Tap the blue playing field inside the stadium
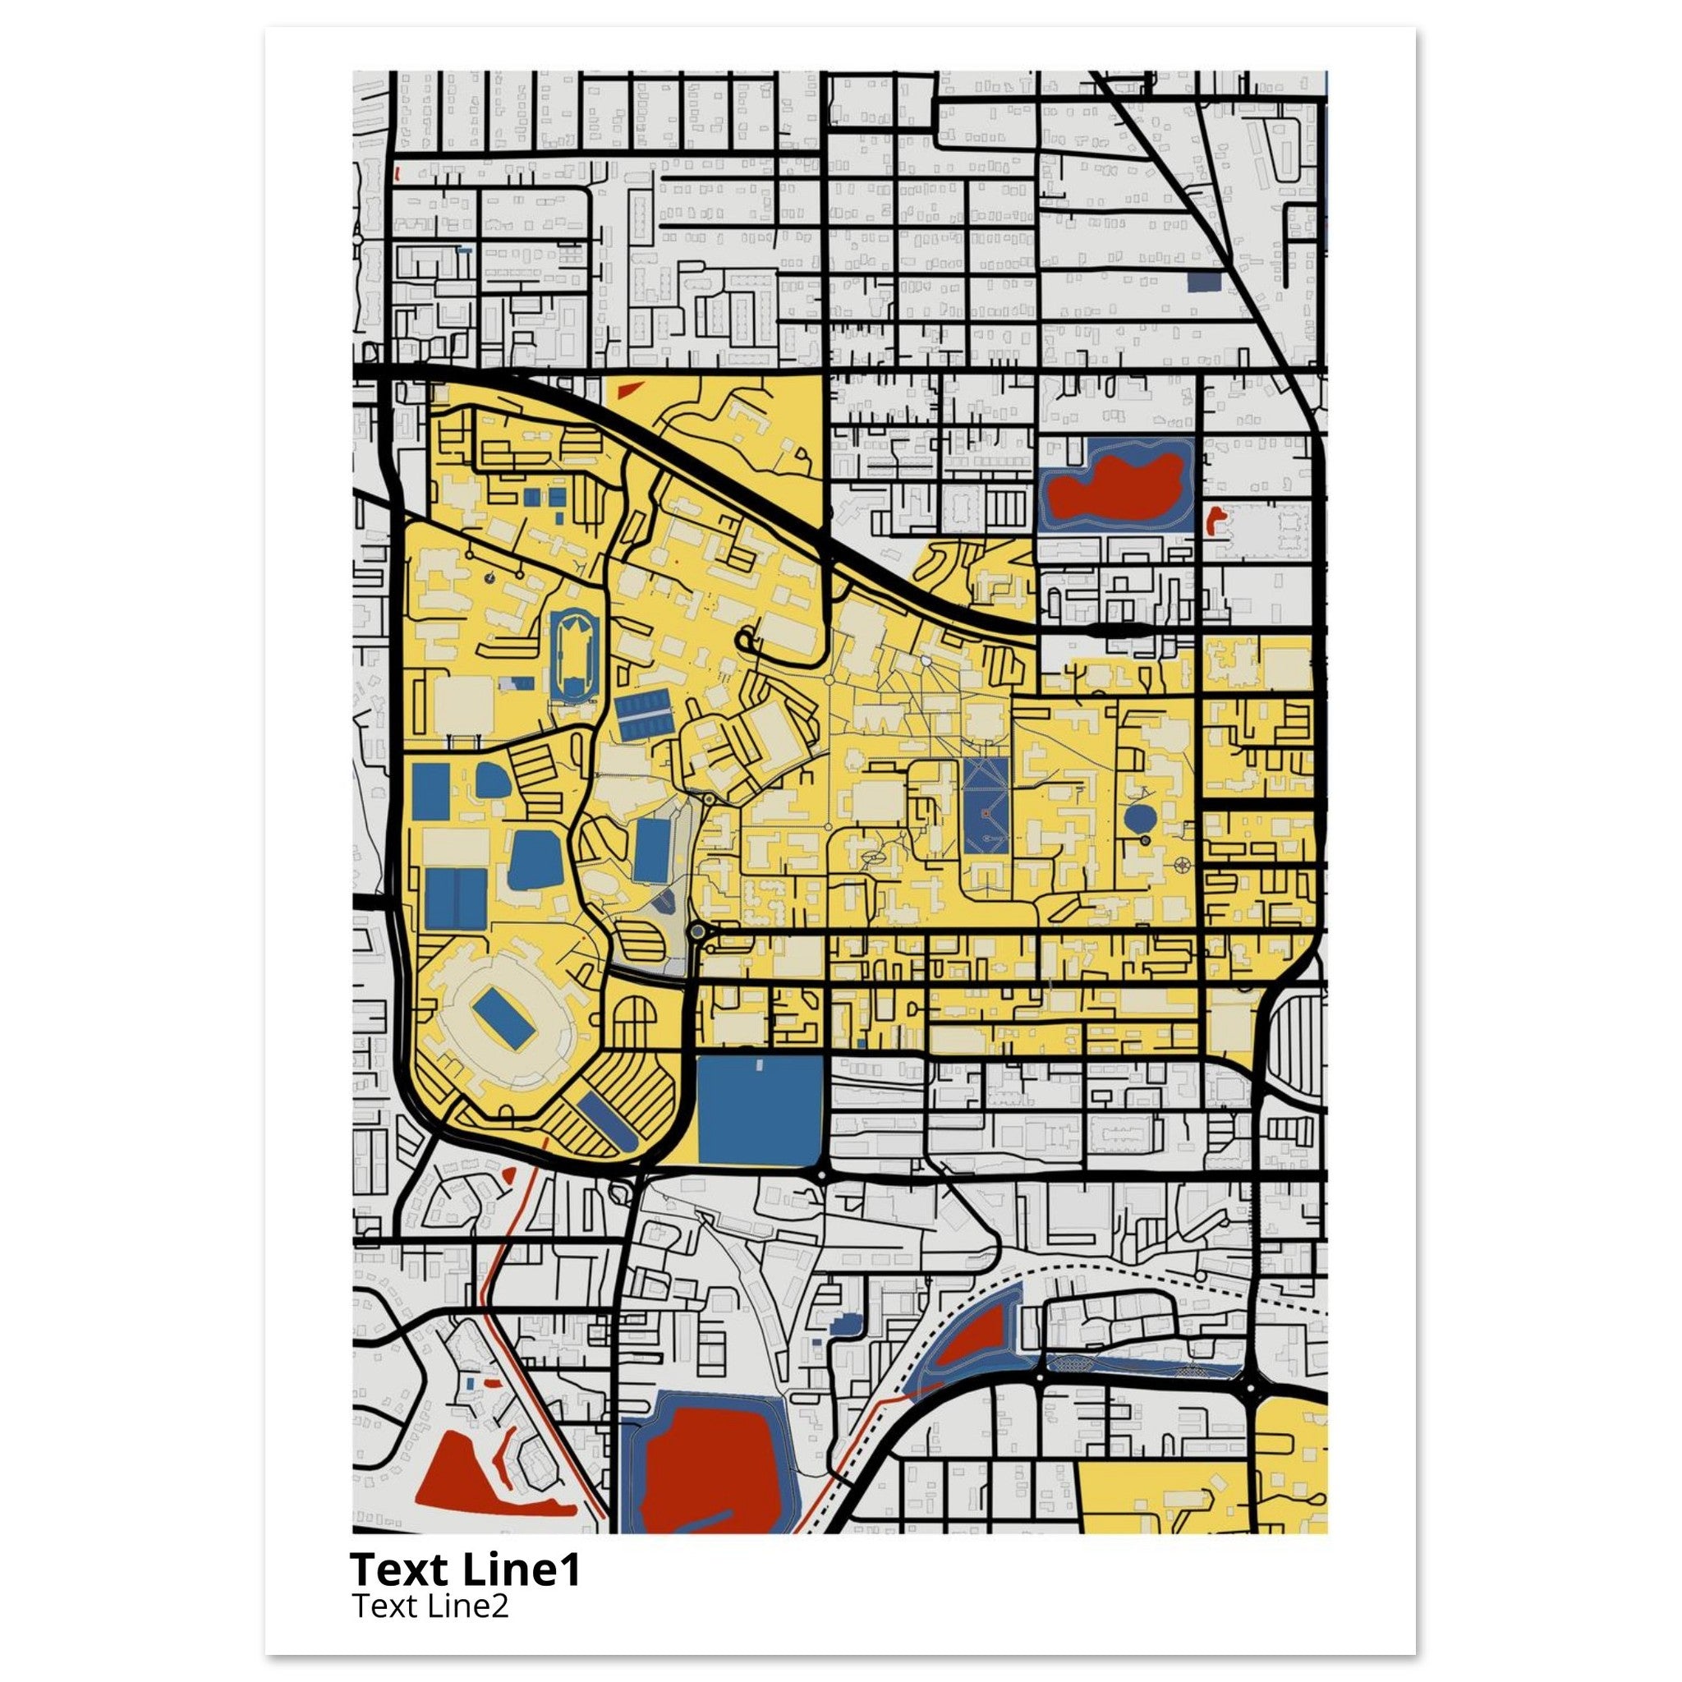[503, 1020]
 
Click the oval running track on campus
[575, 656]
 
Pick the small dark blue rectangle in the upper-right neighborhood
[1204, 281]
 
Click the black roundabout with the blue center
[696, 932]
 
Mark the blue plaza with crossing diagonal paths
[986, 806]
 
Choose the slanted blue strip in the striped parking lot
[607, 1119]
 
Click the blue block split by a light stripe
[455, 898]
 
